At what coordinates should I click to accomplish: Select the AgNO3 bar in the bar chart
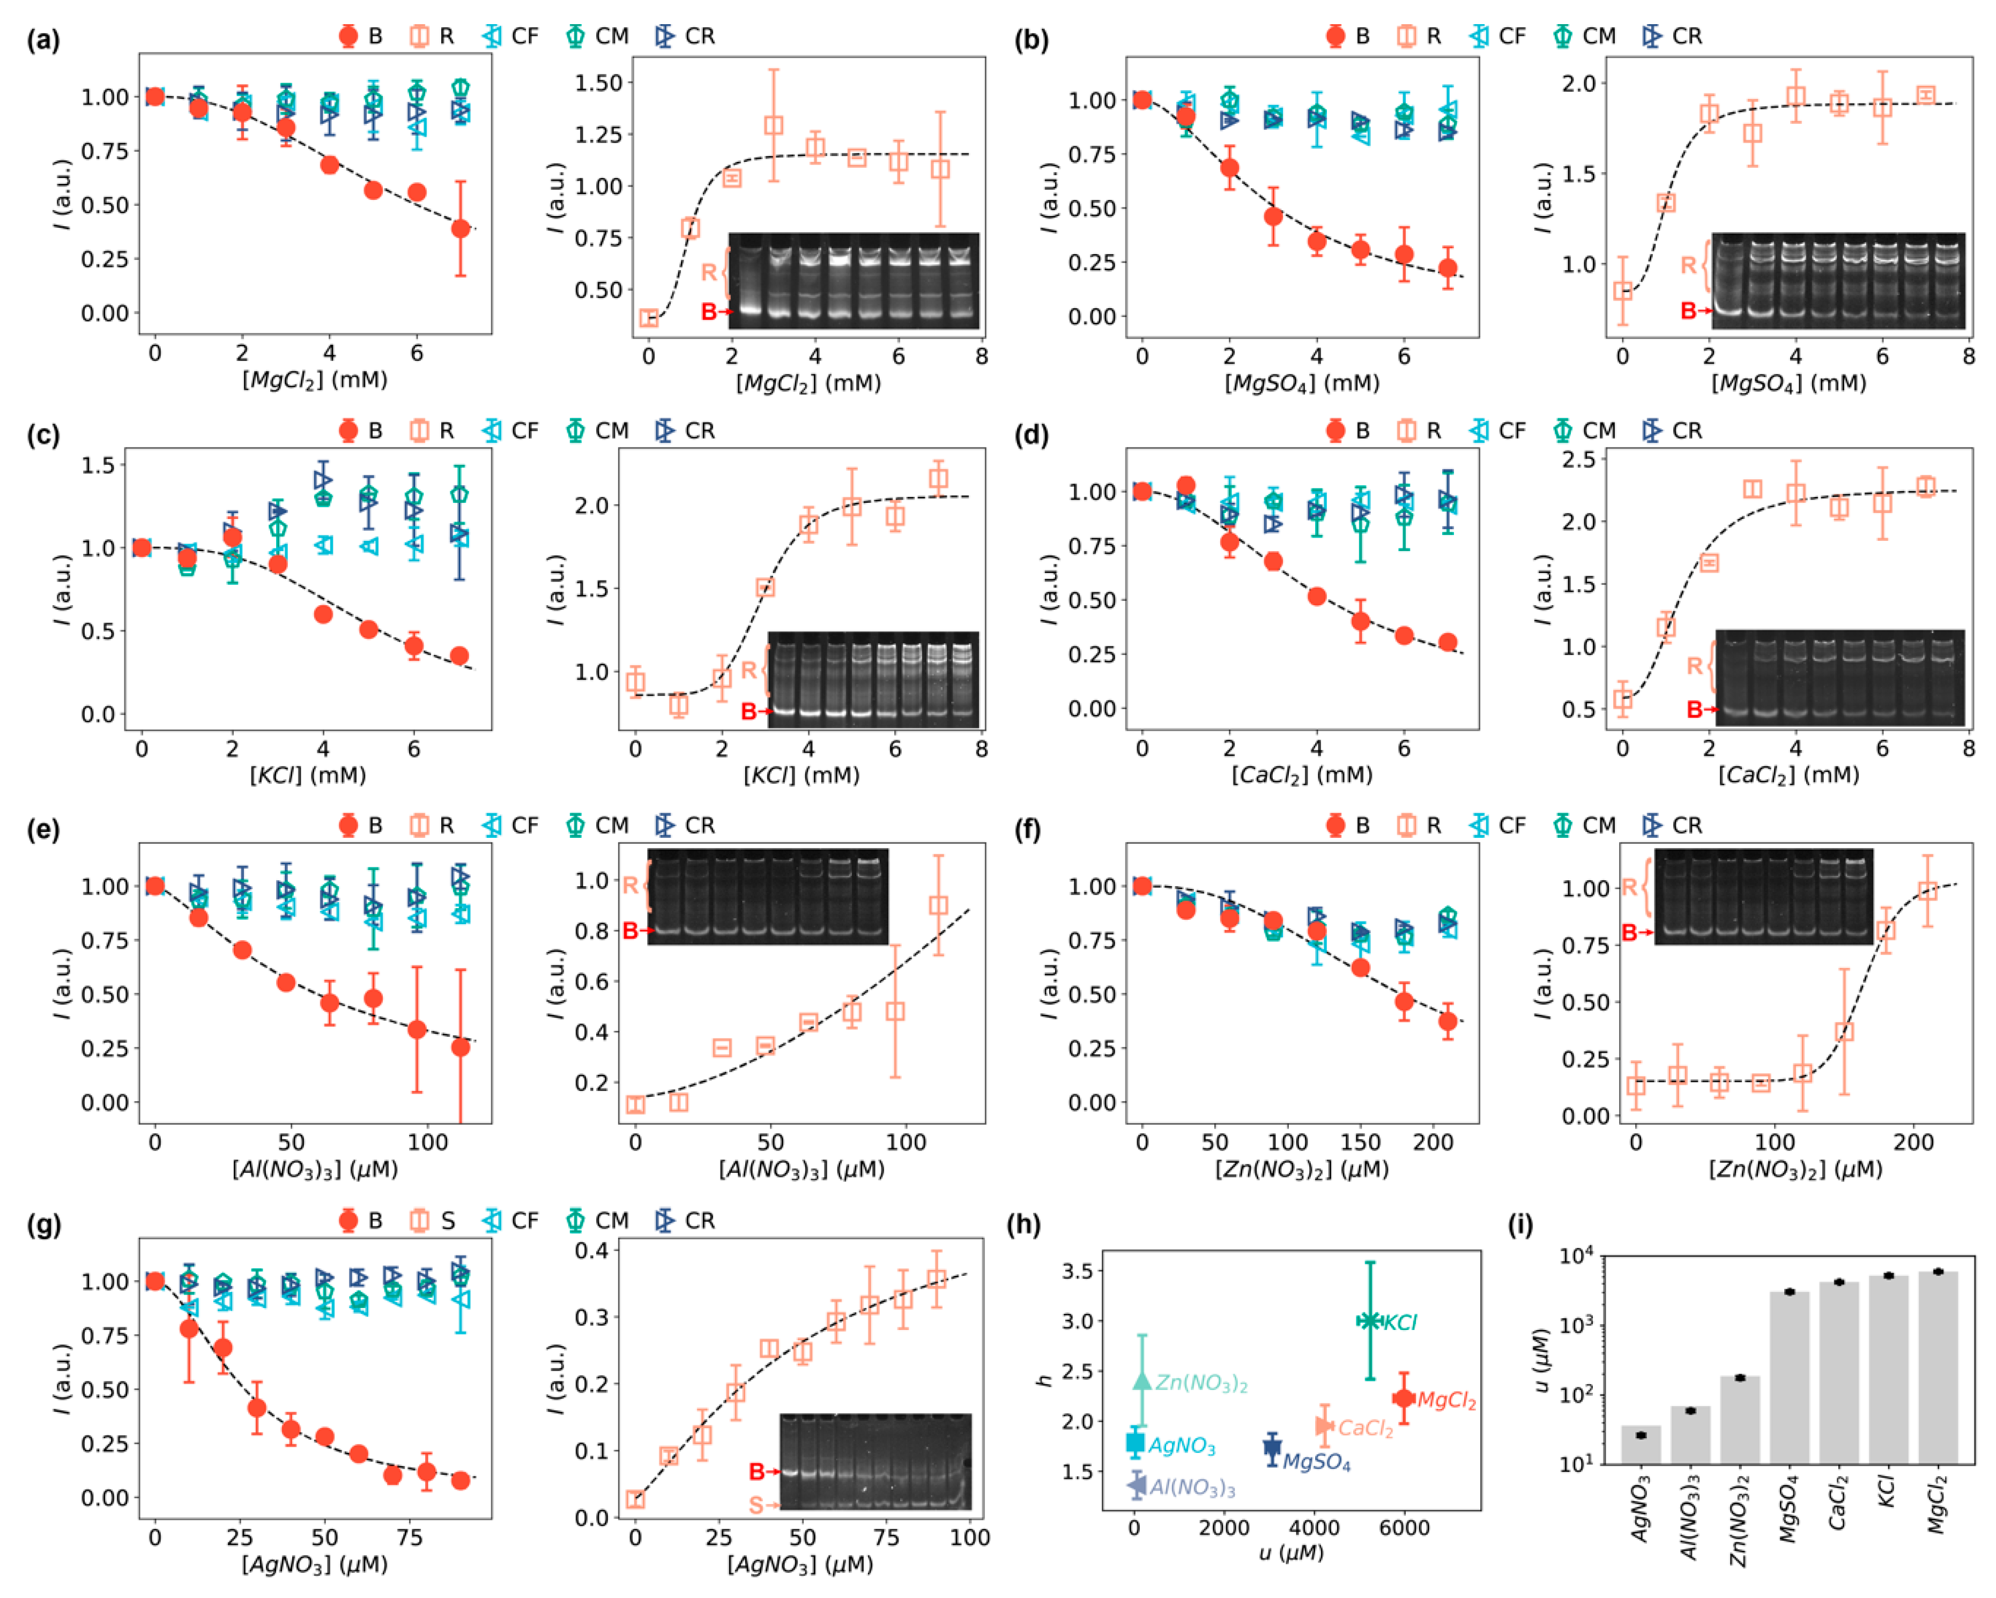(x=1641, y=1444)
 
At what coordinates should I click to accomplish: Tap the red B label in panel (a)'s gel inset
(x=709, y=312)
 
